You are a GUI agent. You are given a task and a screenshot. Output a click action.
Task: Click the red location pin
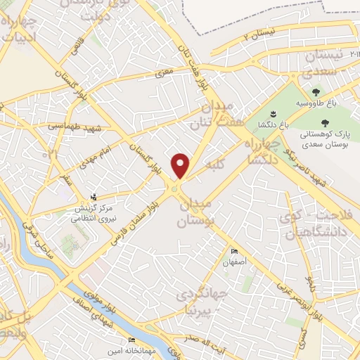coord(181,165)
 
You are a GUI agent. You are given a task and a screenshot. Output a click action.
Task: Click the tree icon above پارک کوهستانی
coord(324,122)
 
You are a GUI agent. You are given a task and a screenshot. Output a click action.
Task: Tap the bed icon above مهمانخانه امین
coord(132,340)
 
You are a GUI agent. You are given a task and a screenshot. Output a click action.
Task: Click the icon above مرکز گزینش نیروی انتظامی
coord(95,198)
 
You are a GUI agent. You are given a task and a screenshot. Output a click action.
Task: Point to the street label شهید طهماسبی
coord(75,127)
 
